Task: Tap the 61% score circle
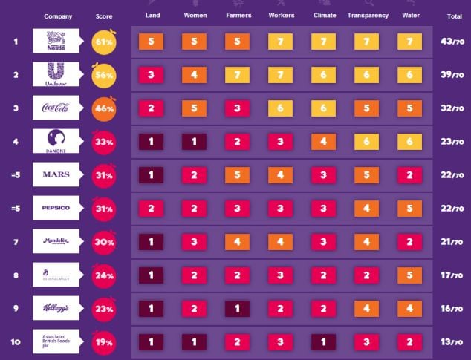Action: click(104, 41)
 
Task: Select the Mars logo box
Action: click(56, 174)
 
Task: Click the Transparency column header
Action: click(368, 16)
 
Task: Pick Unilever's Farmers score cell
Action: click(237, 74)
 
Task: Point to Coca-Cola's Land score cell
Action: click(150, 108)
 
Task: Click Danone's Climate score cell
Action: click(324, 141)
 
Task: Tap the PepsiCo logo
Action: click(56, 208)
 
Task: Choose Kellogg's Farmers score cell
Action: click(237, 308)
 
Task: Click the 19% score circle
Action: click(104, 342)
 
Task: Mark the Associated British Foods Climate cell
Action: click(324, 341)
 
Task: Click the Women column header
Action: click(195, 16)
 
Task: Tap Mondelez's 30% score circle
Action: click(104, 242)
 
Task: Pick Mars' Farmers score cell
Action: click(237, 174)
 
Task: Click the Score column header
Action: click(105, 16)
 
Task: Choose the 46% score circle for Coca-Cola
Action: click(104, 108)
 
